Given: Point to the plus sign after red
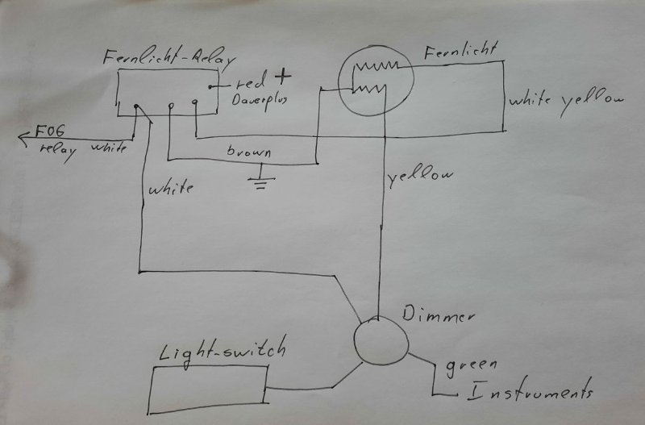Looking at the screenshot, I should click(281, 78).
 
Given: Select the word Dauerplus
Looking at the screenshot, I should click(259, 102).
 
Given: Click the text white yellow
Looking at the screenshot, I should click(567, 100).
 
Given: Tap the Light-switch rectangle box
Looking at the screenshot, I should click(209, 385).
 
